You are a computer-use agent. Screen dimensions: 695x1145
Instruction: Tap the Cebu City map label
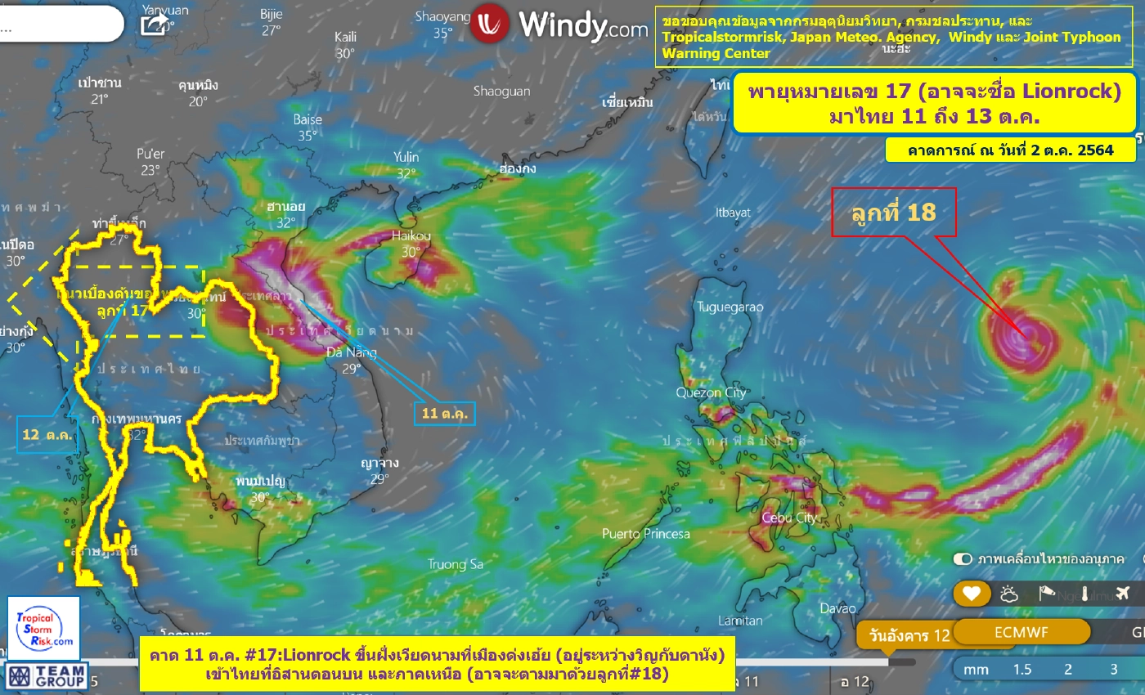point(789,518)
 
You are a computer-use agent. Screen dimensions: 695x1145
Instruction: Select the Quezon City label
point(711,393)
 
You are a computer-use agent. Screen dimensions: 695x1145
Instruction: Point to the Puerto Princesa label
point(646,534)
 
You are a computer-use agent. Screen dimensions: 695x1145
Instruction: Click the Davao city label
point(838,608)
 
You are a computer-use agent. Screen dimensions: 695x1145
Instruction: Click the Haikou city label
point(411,236)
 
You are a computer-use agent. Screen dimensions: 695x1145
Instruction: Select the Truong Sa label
point(456,564)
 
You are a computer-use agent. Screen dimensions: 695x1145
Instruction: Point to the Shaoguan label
point(501,92)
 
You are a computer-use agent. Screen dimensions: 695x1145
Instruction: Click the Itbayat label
point(733,213)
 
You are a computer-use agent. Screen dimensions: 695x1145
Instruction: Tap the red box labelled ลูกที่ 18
point(893,213)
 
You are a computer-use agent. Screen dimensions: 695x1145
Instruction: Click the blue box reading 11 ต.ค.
point(444,414)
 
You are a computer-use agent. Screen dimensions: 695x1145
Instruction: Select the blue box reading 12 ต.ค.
point(47,434)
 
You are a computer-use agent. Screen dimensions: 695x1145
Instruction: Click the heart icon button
point(971,594)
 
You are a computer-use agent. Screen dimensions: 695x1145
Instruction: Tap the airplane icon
point(1122,594)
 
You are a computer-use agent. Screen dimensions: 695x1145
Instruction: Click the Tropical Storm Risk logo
point(45,627)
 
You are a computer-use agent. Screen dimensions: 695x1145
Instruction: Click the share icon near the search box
point(154,25)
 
